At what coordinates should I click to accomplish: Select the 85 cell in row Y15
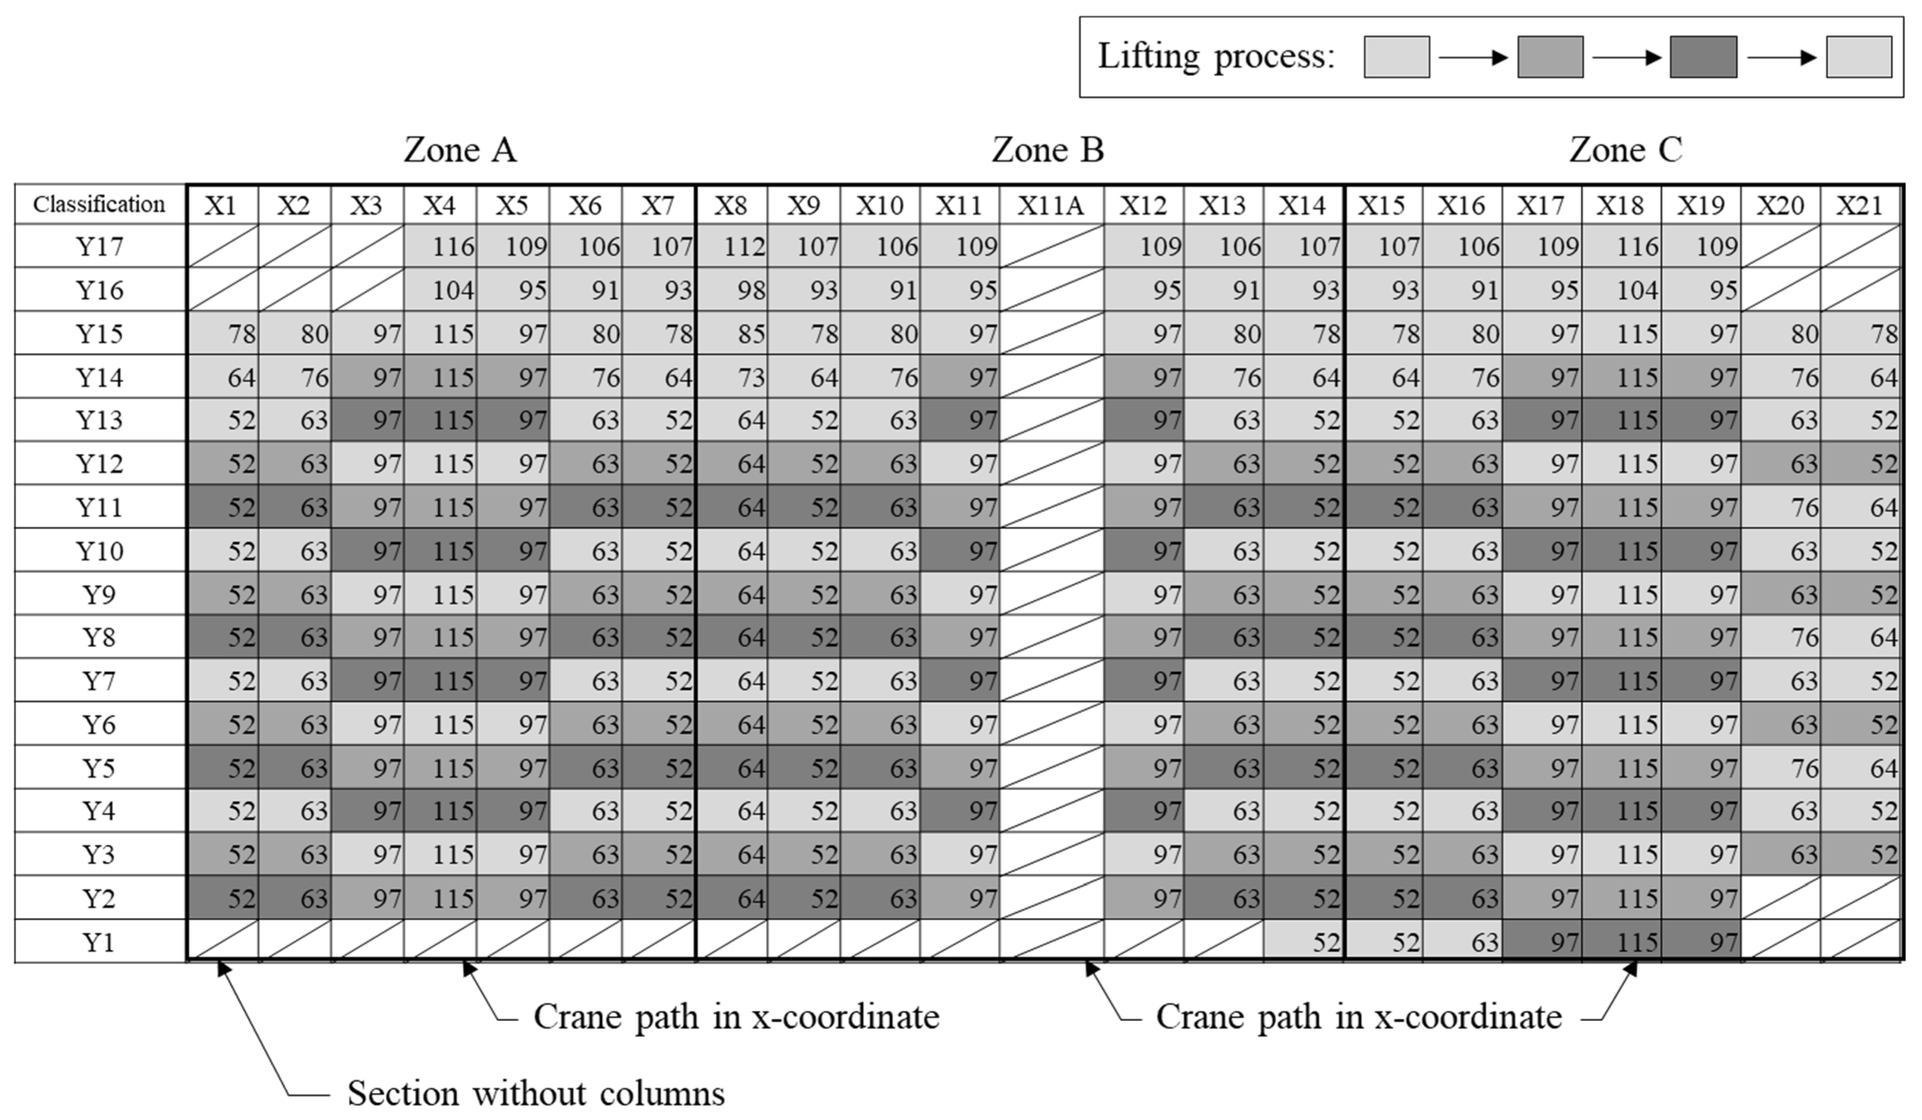732,334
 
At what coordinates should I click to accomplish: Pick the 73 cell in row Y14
732,377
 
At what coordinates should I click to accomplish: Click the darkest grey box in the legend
1703,57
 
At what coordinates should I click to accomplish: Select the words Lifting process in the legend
1216,57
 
